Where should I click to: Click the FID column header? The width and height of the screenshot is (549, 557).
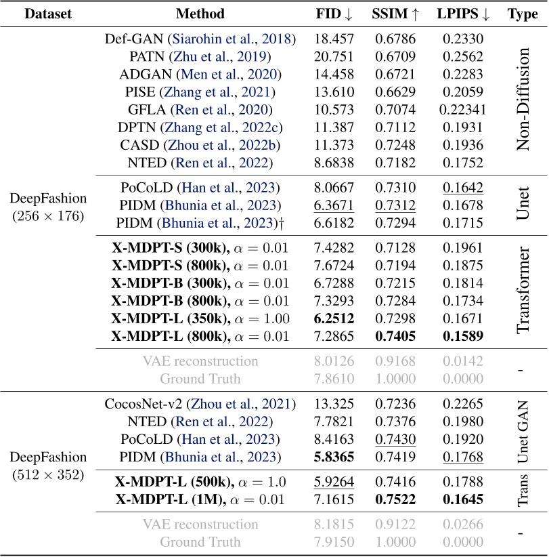[333, 14]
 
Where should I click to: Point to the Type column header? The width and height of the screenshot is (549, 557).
[522, 14]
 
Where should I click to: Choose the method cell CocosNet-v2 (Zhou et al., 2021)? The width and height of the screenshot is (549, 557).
[200, 405]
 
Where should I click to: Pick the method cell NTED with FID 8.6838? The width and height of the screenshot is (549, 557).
[200, 163]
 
